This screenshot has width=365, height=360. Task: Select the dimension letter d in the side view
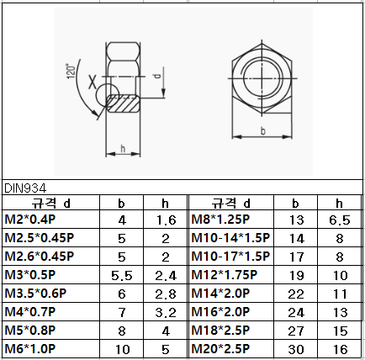pyautogui.click(x=158, y=77)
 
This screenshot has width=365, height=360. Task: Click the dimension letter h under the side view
pyautogui.click(x=123, y=149)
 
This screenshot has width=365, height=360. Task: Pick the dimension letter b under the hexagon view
pyautogui.click(x=263, y=130)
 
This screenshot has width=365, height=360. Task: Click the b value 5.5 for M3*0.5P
pyautogui.click(x=122, y=274)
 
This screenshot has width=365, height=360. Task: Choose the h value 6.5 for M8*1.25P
pyautogui.click(x=339, y=220)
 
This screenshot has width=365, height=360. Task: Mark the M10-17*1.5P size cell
pyautogui.click(x=230, y=256)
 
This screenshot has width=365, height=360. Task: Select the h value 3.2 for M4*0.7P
pyautogui.click(x=166, y=312)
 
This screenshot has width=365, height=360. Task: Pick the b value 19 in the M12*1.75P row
pyautogui.click(x=296, y=274)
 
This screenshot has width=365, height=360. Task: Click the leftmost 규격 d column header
pyautogui.click(x=51, y=203)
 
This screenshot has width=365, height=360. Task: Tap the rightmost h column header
pyautogui.click(x=339, y=203)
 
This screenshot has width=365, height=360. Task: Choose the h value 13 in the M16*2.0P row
pyautogui.click(x=339, y=312)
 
